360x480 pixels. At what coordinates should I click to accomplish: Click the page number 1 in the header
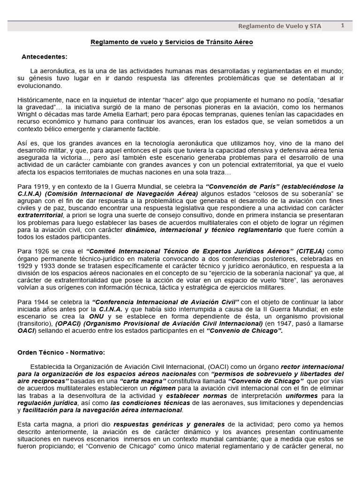pos(342,26)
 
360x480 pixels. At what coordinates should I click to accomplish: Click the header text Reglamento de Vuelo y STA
pos(280,26)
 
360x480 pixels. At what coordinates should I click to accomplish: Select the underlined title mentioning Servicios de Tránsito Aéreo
pos(172,42)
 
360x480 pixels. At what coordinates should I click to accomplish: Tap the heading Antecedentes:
pos(45,57)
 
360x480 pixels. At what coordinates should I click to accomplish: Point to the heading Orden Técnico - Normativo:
pos(61,352)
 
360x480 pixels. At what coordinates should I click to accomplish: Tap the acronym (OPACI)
pos(70,323)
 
